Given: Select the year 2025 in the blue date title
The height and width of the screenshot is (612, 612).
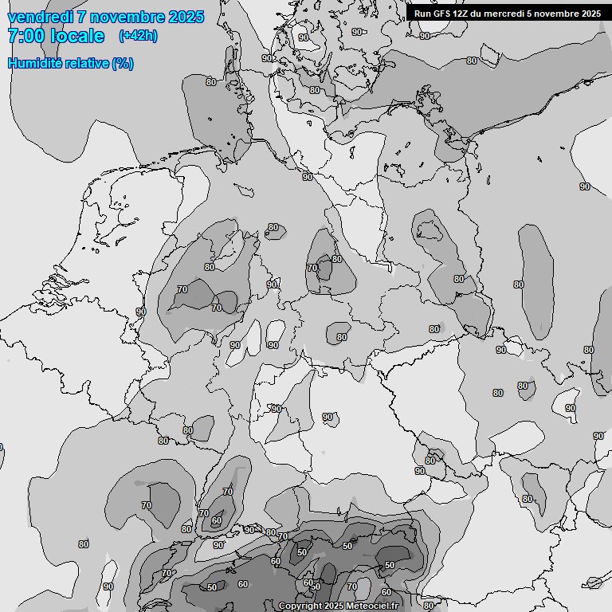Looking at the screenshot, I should click(x=186, y=18).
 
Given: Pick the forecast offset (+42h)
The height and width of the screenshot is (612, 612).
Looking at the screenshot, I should click(x=138, y=36).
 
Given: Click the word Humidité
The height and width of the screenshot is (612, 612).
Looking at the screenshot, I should click(x=34, y=64).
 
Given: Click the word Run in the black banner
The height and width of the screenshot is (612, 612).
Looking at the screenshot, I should click(x=422, y=14).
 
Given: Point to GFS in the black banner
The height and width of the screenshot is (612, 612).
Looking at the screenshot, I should click(x=441, y=14).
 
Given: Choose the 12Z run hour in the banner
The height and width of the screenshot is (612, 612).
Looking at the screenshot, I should click(x=461, y=14).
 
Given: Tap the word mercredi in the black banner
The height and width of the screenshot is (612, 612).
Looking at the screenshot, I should click(x=504, y=14).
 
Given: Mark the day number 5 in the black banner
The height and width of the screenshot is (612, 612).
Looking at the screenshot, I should click(x=528, y=14).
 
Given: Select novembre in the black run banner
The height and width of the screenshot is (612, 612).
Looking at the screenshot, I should click(x=555, y=14).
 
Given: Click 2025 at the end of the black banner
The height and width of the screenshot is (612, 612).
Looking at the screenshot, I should click(x=590, y=14).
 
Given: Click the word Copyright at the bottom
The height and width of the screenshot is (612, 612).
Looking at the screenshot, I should click(x=300, y=606).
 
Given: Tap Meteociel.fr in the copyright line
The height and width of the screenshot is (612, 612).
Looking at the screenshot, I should click(x=375, y=606).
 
